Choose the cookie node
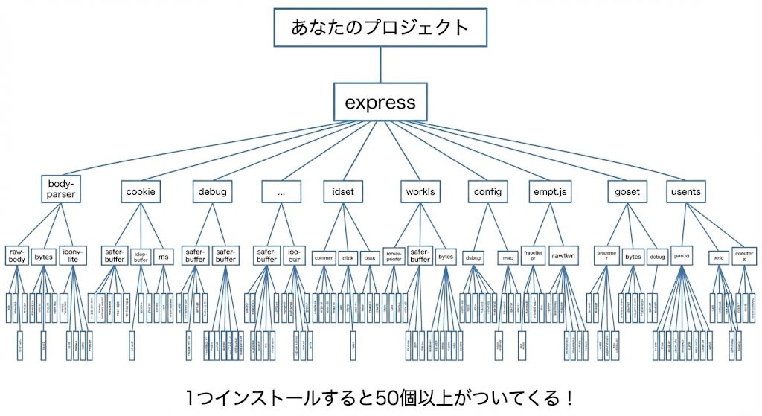[140, 192]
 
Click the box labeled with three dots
[281, 192]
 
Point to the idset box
[343, 192]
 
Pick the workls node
[420, 192]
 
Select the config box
[487, 192]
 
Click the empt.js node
[550, 192]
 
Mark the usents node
[685, 192]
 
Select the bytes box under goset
[633, 257]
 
